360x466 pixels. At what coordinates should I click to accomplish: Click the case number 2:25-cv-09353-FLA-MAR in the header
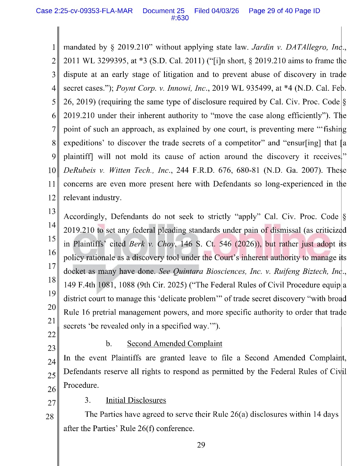[84, 11]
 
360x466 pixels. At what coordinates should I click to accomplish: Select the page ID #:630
[180, 18]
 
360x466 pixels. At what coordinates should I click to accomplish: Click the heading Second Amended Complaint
[174, 344]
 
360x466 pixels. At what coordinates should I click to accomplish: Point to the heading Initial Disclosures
[136, 400]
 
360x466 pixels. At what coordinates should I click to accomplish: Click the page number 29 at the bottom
[201, 445]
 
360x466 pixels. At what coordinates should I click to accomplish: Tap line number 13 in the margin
[52, 212]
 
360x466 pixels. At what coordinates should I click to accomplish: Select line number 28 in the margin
[50, 416]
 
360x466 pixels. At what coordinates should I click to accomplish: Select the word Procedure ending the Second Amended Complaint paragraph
[81, 385]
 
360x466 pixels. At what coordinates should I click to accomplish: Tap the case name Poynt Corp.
[134, 88]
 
